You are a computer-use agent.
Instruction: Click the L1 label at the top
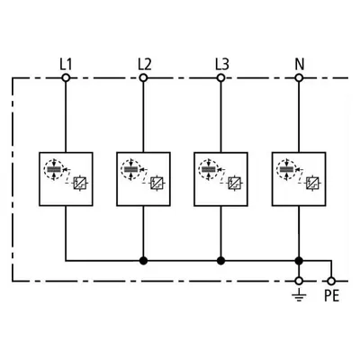click(66, 64)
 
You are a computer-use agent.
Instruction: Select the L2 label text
click(145, 64)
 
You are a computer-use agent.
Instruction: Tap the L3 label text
click(222, 64)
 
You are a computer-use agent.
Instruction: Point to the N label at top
click(300, 64)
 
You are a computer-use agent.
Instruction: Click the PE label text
click(331, 296)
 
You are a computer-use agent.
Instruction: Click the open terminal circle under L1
click(66, 78)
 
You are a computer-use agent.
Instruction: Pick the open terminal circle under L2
click(143, 78)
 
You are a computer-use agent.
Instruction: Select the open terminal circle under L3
click(220, 78)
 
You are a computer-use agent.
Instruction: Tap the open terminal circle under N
click(299, 78)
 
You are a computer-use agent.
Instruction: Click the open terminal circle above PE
click(331, 281)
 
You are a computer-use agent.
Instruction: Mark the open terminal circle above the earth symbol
click(299, 281)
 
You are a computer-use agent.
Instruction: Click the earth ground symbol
click(299, 295)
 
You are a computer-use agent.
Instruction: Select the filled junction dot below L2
click(143, 261)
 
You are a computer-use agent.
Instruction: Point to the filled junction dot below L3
click(220, 261)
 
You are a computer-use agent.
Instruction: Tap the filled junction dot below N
click(299, 261)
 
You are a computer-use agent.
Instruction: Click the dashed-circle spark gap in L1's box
click(54, 170)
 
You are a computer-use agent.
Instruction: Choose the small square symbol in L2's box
click(157, 183)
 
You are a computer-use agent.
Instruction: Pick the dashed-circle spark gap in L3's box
click(209, 170)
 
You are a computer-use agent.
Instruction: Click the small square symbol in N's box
click(313, 183)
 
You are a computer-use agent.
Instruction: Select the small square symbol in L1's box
click(80, 183)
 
